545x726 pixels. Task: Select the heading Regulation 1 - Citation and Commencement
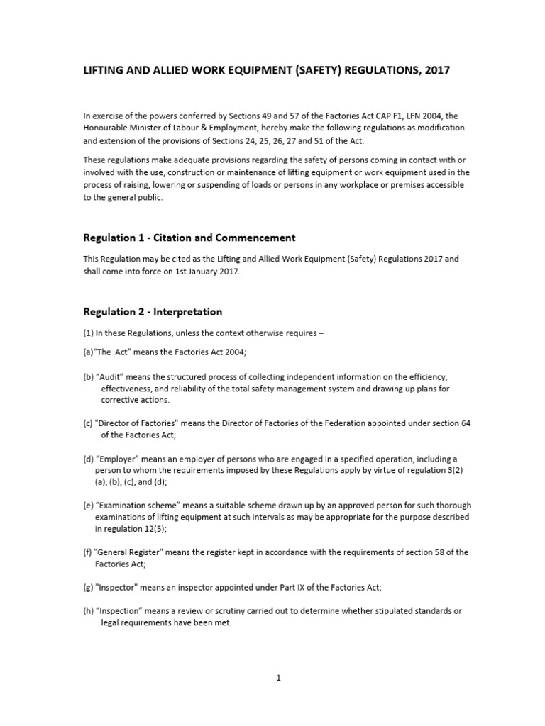pyautogui.click(x=189, y=238)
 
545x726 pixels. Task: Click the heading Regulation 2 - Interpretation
pyautogui.click(x=153, y=311)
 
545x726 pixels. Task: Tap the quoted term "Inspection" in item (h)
pyautogui.click(x=119, y=610)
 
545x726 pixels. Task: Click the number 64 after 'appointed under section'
pyautogui.click(x=466, y=423)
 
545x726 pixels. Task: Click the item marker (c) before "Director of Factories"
pyautogui.click(x=89, y=423)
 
